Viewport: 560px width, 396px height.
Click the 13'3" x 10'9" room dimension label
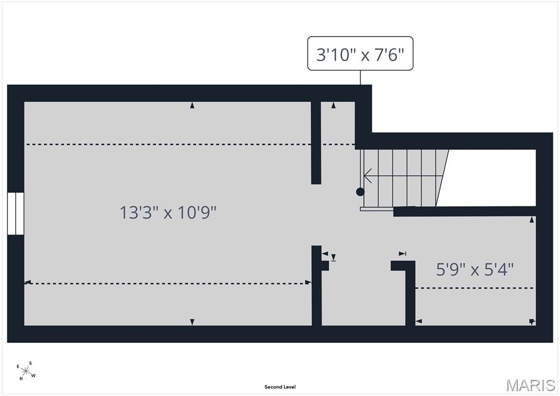point(168,212)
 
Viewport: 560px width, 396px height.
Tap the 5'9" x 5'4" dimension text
point(475,269)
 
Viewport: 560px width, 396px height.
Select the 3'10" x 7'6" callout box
point(360,53)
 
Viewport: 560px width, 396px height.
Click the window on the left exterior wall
point(16,213)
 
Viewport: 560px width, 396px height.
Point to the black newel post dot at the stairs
point(360,192)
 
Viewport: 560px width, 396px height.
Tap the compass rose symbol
point(25,371)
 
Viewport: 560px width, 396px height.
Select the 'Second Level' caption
point(280,387)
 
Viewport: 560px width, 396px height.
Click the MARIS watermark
point(530,385)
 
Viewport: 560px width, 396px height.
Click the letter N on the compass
point(21,378)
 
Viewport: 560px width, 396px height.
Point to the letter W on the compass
point(33,375)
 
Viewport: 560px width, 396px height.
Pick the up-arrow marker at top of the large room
point(192,106)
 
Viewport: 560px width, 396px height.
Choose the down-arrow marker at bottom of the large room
point(192,322)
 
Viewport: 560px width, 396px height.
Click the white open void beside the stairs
point(489,178)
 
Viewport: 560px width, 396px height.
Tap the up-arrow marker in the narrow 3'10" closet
point(334,106)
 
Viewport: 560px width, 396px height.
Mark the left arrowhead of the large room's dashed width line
point(27,282)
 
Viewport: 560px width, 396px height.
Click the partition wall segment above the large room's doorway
point(316,142)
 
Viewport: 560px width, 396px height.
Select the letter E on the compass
point(18,366)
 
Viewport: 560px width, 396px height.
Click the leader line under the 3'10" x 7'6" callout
point(360,78)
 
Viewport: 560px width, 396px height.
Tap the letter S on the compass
point(31,363)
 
